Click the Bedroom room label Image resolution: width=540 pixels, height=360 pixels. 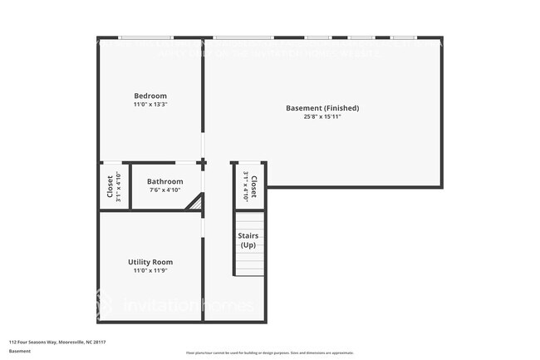pos(150,96)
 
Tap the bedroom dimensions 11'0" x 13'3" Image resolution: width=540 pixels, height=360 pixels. pos(150,105)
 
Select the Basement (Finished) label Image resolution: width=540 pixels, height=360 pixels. pos(322,108)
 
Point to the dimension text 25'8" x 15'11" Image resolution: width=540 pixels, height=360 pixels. pos(322,117)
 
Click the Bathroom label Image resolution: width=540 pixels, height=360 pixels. pos(164,181)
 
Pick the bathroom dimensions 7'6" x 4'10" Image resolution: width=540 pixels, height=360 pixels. pos(164,190)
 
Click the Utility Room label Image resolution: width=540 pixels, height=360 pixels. pos(150,262)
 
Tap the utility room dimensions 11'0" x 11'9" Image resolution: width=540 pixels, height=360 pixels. pos(150,271)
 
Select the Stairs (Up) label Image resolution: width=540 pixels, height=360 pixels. pos(248,240)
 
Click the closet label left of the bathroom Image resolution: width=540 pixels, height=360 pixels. pos(110,186)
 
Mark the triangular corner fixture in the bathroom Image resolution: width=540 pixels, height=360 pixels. pos(196,202)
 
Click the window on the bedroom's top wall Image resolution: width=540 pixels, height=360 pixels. pos(146,37)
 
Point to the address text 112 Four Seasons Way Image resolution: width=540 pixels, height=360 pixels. pos(58,342)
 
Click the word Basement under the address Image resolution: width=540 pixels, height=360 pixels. pos(20,351)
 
